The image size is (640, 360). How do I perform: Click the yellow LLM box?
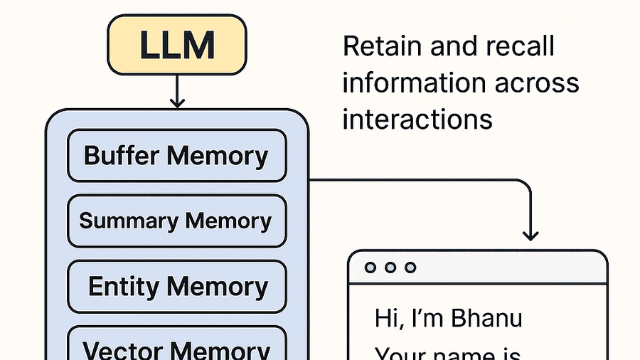(177, 46)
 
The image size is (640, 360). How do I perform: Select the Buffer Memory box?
(176, 156)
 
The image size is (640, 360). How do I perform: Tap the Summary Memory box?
(176, 221)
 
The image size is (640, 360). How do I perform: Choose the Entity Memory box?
(176, 287)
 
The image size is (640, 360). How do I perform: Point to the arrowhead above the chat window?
(530, 234)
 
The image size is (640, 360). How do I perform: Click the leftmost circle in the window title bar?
(369, 268)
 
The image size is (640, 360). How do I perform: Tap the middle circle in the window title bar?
(389, 268)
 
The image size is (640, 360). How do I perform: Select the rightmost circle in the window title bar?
(410, 268)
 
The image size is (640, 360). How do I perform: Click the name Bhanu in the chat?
(488, 318)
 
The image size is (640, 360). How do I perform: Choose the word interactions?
(417, 118)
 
